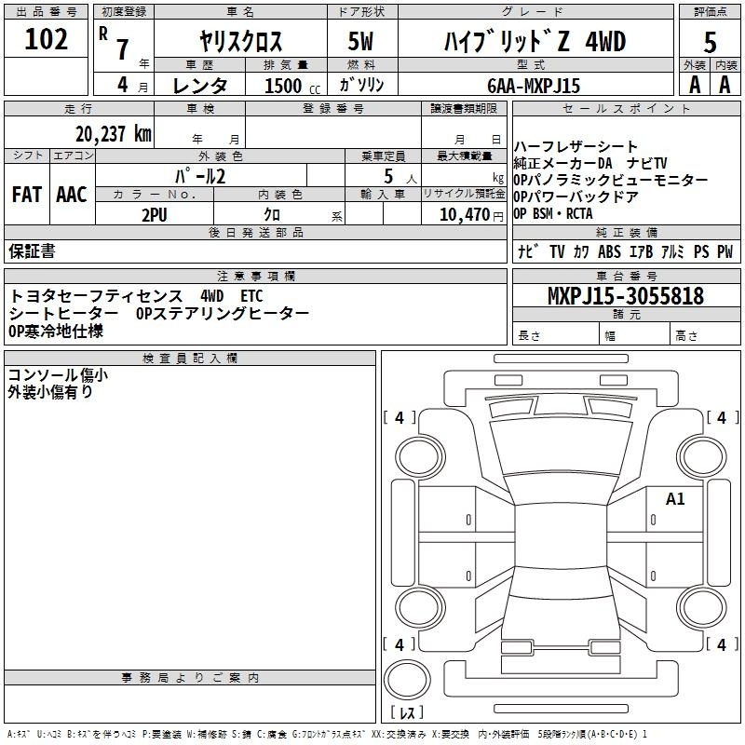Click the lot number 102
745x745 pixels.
pos(46,39)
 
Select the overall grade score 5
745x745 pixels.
pos(710,42)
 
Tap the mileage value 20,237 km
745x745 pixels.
pos(114,134)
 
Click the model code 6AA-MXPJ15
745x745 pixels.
pos(534,86)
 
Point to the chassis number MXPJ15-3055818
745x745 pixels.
pos(626,295)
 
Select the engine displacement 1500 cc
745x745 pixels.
pos(292,86)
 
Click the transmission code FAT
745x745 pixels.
pos(27,195)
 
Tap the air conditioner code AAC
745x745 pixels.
pos(72,195)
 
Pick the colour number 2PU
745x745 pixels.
pos(155,215)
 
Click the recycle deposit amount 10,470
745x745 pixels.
pos(464,215)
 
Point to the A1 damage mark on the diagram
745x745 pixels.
pos(675,499)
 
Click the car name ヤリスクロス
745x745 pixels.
pos(240,41)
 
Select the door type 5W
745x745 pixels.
pos(360,41)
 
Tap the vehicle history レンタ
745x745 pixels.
pos(199,86)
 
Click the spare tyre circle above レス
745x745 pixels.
pos(407,680)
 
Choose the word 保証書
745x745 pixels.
pos(32,251)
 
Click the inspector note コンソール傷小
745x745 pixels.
pos(58,375)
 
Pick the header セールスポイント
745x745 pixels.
pos(626,109)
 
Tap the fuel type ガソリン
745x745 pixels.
pos(361,85)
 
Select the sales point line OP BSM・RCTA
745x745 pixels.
pos(553,214)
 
